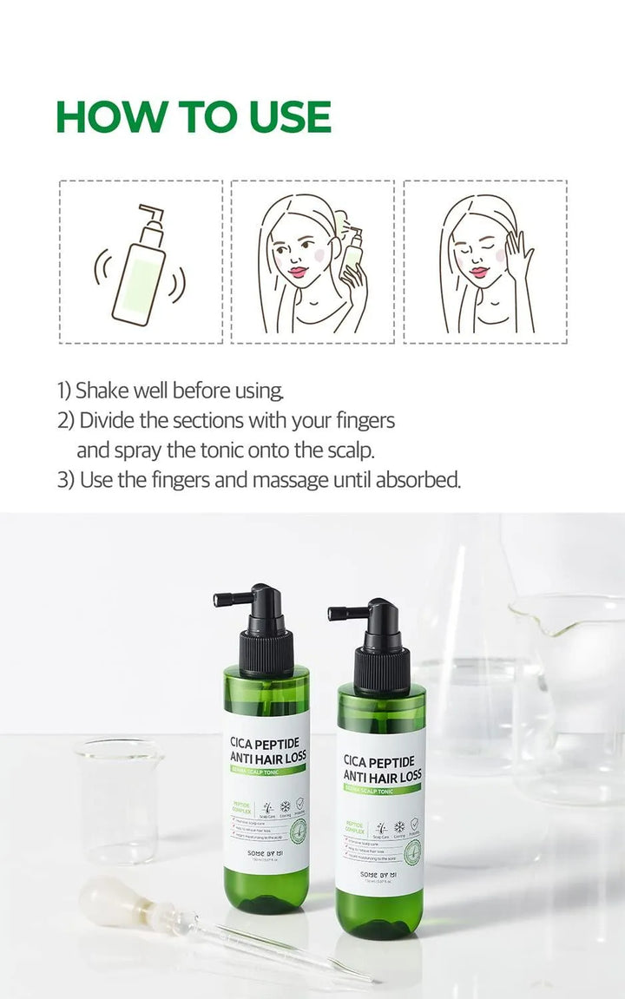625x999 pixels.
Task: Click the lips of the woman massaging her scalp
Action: (479, 273)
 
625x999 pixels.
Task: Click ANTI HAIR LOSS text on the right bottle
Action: (383, 774)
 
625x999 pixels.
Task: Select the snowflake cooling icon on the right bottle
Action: (400, 826)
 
